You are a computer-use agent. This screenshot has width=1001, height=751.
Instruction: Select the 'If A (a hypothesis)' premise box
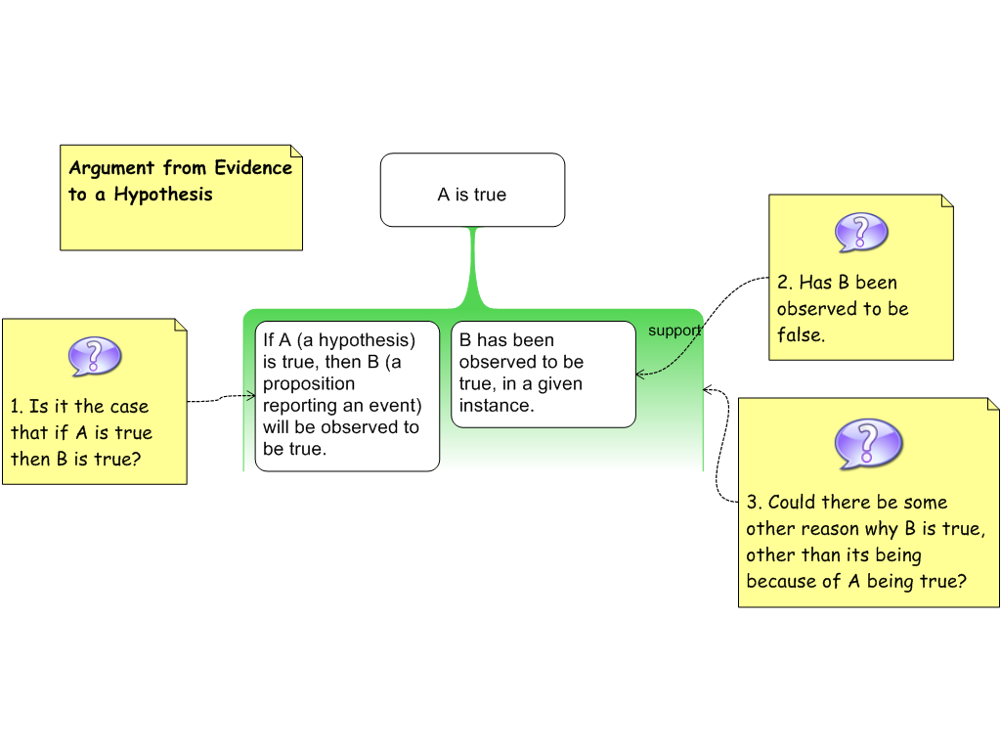click(347, 395)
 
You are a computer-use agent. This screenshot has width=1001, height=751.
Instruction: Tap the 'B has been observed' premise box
click(543, 374)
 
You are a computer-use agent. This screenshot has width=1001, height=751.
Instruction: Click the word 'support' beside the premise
click(675, 331)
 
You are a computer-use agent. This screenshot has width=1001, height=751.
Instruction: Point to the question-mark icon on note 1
click(95, 357)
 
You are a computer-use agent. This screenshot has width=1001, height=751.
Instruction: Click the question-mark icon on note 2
click(861, 233)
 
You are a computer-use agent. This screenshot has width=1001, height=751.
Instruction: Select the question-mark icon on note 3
click(869, 444)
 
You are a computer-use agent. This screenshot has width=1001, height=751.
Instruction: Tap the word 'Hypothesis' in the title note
click(163, 194)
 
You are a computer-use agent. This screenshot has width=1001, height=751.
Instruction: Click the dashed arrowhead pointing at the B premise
click(639, 374)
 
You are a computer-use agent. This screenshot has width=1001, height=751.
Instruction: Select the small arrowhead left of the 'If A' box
click(250, 395)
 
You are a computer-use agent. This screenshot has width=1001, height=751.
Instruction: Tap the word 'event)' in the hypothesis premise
click(395, 406)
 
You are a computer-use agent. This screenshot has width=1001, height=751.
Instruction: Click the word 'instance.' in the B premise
click(497, 406)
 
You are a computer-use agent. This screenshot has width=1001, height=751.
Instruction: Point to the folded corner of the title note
click(296, 152)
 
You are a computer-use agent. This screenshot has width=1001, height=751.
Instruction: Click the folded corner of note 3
click(993, 404)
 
